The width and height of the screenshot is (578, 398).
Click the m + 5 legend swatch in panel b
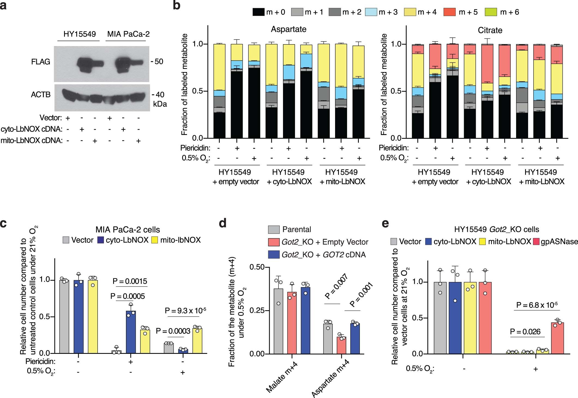450,12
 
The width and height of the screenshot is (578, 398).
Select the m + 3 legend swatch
371,12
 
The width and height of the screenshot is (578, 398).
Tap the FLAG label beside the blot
41,62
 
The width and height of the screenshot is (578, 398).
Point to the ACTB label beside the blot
41,95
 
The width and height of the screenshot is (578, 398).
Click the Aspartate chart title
288,29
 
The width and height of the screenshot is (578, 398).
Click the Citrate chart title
490,30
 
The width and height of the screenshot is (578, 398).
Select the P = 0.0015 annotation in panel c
130,281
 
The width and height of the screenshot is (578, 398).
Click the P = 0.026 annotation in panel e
525,332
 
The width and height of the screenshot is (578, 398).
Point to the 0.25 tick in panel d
257,310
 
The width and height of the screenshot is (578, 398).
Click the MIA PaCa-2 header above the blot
128,34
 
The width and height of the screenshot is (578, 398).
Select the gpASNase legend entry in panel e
559,242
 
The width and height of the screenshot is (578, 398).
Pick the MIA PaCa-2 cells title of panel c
128,230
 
